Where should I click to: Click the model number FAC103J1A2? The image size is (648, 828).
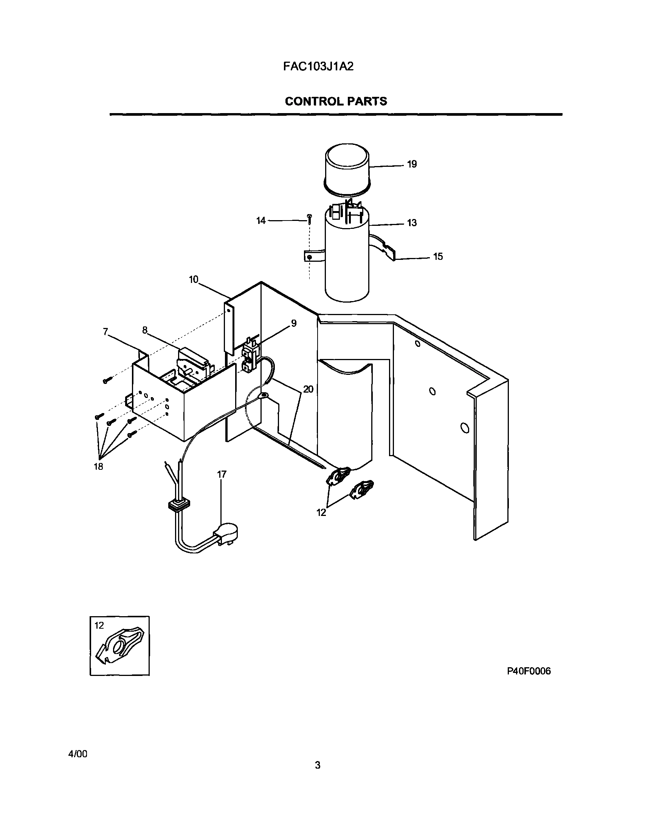coord(318,67)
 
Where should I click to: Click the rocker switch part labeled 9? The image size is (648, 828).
coord(250,355)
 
